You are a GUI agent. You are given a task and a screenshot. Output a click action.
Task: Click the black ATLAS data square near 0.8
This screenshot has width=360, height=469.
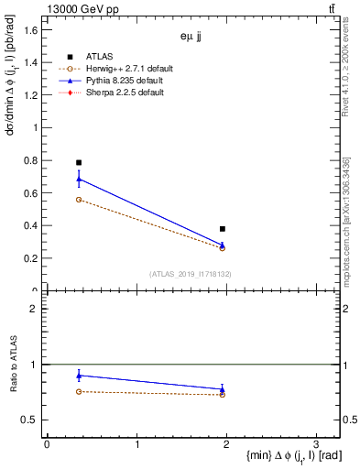pos(79,162)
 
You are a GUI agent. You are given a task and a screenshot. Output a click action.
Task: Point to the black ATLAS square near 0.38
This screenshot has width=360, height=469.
pos(223,229)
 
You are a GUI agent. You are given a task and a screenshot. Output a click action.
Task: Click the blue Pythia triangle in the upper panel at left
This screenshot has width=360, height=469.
pos(79,179)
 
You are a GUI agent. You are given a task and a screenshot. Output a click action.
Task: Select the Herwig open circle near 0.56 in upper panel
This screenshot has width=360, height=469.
pos(79,200)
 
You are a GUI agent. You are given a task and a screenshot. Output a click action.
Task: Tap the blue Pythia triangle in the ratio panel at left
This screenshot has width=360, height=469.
pos(79,376)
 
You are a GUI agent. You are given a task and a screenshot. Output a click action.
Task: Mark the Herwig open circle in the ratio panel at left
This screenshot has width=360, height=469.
pos(79,391)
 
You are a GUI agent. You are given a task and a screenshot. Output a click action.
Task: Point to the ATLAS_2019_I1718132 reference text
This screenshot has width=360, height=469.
pos(191,274)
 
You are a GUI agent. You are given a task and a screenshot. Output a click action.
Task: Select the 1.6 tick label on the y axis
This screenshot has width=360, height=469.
pos(31,30)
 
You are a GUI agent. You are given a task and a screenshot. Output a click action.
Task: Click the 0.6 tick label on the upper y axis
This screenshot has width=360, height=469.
pos(31,193)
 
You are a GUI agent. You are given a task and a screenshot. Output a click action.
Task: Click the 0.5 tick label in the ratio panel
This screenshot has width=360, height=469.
pos(31,420)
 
